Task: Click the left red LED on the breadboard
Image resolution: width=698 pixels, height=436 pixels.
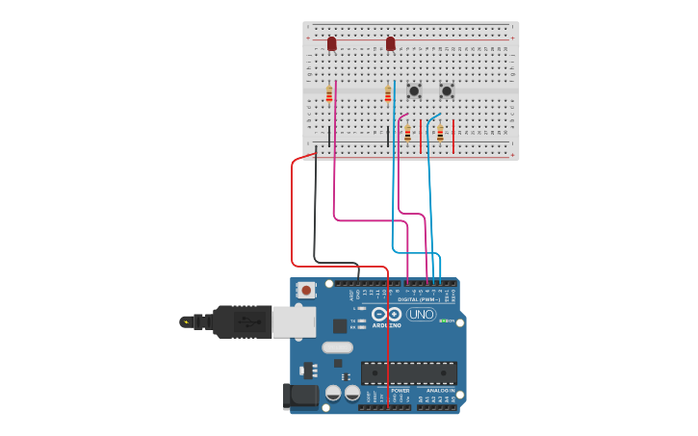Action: pos(332,43)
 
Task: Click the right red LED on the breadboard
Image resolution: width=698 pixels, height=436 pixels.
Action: pos(390,43)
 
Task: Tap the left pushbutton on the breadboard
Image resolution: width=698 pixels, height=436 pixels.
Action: pos(414,90)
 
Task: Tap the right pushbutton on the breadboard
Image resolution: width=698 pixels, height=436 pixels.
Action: pos(447,90)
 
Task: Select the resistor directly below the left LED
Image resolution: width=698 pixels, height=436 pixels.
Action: pos(329,93)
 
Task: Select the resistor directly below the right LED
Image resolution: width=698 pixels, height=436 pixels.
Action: pos(388,93)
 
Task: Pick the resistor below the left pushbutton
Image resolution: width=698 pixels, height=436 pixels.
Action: pos(407,133)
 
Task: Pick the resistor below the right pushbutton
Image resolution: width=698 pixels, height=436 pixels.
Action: pos(440,133)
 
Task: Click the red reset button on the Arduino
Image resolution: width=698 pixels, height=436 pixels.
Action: pos(306,289)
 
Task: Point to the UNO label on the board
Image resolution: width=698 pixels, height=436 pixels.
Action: pos(421,314)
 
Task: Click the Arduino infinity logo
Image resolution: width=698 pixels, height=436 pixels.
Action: pos(386,314)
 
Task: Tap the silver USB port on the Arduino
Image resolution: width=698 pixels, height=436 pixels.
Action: pos(294,321)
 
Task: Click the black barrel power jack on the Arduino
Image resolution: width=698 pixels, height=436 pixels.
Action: pos(300,396)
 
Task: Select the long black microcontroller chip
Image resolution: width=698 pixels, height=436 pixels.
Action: pos(409,372)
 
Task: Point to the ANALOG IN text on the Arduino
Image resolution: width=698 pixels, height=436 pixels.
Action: pos(428,390)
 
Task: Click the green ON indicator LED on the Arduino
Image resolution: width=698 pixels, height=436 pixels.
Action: pos(442,321)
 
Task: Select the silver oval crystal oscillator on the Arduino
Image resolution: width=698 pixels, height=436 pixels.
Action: pos(337,347)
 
